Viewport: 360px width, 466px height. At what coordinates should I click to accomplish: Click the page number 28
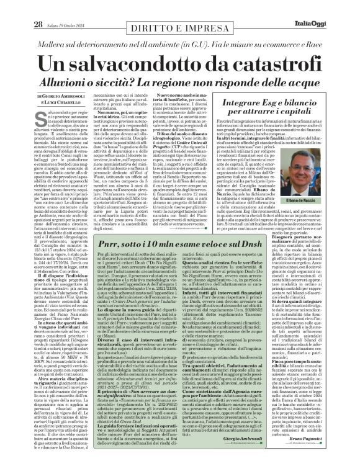pyautogui.click(x=22, y=7)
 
